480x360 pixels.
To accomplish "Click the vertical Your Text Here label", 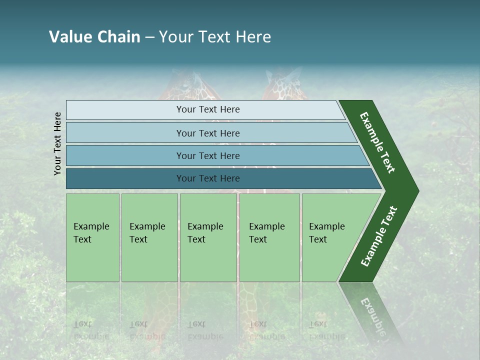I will click(57, 143).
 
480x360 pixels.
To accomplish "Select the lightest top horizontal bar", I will click(207, 109).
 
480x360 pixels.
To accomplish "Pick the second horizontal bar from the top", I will click(207, 133).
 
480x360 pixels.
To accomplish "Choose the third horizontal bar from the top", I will click(207, 155).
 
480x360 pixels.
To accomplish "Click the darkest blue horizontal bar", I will click(207, 178).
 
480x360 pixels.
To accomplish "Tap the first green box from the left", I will click(92, 237).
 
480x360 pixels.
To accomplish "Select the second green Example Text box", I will click(149, 237).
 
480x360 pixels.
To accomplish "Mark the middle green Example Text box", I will click(208, 237).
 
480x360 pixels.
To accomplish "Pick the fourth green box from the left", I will click(269, 237).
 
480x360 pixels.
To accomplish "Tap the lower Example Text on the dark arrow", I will click(379, 236).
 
